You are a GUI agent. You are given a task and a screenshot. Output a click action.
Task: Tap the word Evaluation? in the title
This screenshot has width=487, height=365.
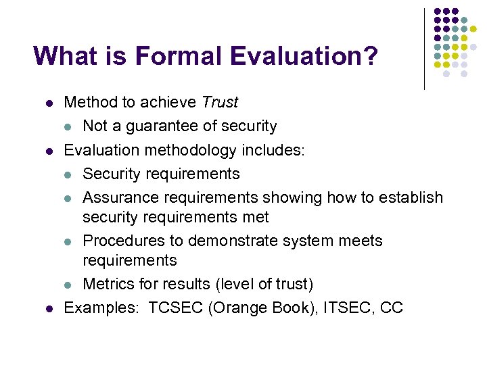click(x=304, y=55)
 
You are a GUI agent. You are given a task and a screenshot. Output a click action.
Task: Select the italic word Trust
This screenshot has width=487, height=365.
click(x=220, y=103)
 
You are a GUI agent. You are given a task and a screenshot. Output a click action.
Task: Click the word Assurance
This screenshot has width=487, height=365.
click(x=118, y=197)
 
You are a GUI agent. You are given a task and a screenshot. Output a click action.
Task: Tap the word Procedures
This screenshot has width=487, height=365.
click(x=122, y=241)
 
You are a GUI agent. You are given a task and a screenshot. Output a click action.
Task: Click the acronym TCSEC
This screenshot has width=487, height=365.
click(x=176, y=308)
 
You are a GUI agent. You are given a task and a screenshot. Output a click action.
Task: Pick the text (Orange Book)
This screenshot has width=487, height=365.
click(x=263, y=308)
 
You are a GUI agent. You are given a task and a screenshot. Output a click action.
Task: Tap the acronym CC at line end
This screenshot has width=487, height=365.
click(x=392, y=308)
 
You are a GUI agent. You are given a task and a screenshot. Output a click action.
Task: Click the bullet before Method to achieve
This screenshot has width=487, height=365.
click(x=49, y=103)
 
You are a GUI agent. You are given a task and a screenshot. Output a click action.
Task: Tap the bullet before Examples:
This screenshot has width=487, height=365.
click(x=49, y=308)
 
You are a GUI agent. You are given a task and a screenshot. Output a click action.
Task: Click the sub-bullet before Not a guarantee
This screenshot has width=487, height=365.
click(x=68, y=127)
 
